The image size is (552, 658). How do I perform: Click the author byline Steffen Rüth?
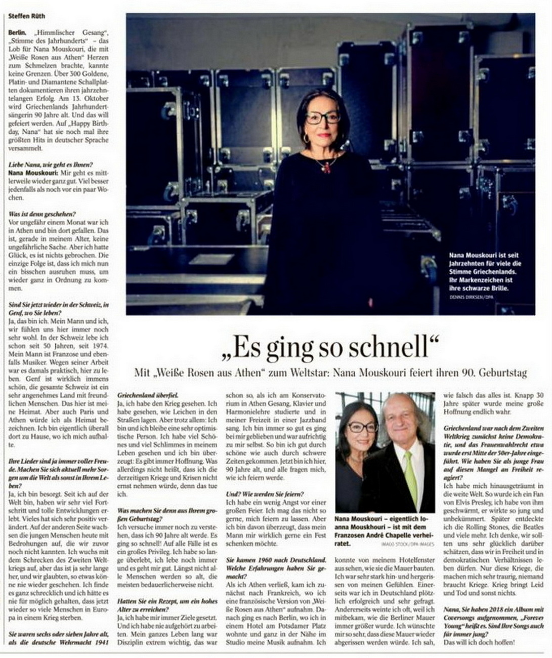point(27,16)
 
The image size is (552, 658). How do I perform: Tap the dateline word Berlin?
point(17,32)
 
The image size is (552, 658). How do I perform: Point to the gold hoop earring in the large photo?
point(306,138)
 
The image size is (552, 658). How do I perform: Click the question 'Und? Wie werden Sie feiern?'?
point(265,493)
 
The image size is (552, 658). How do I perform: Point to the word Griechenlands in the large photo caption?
point(493,271)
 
